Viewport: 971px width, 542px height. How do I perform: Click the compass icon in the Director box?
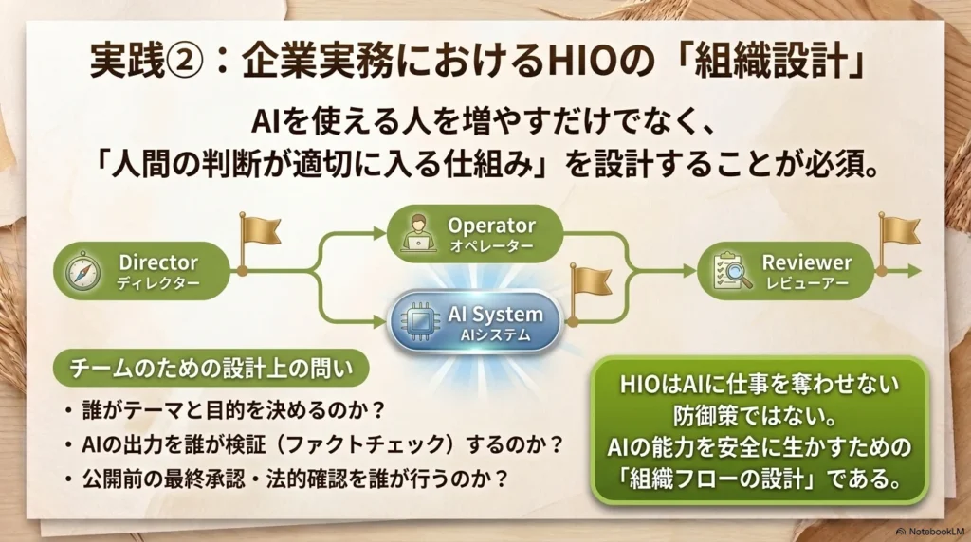tap(83, 272)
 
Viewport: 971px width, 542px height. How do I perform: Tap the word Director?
tap(158, 262)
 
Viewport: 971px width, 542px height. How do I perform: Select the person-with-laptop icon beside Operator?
tap(418, 233)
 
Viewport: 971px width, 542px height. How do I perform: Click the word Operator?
tap(491, 226)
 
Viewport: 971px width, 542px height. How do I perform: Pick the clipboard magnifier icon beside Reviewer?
tap(732, 271)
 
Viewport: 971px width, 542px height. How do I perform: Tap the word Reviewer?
tap(807, 262)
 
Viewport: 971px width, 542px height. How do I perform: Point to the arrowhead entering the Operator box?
tap(379, 233)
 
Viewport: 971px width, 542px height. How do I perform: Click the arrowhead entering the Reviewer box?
tap(689, 271)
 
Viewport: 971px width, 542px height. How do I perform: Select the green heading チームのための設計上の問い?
tap(211, 369)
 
